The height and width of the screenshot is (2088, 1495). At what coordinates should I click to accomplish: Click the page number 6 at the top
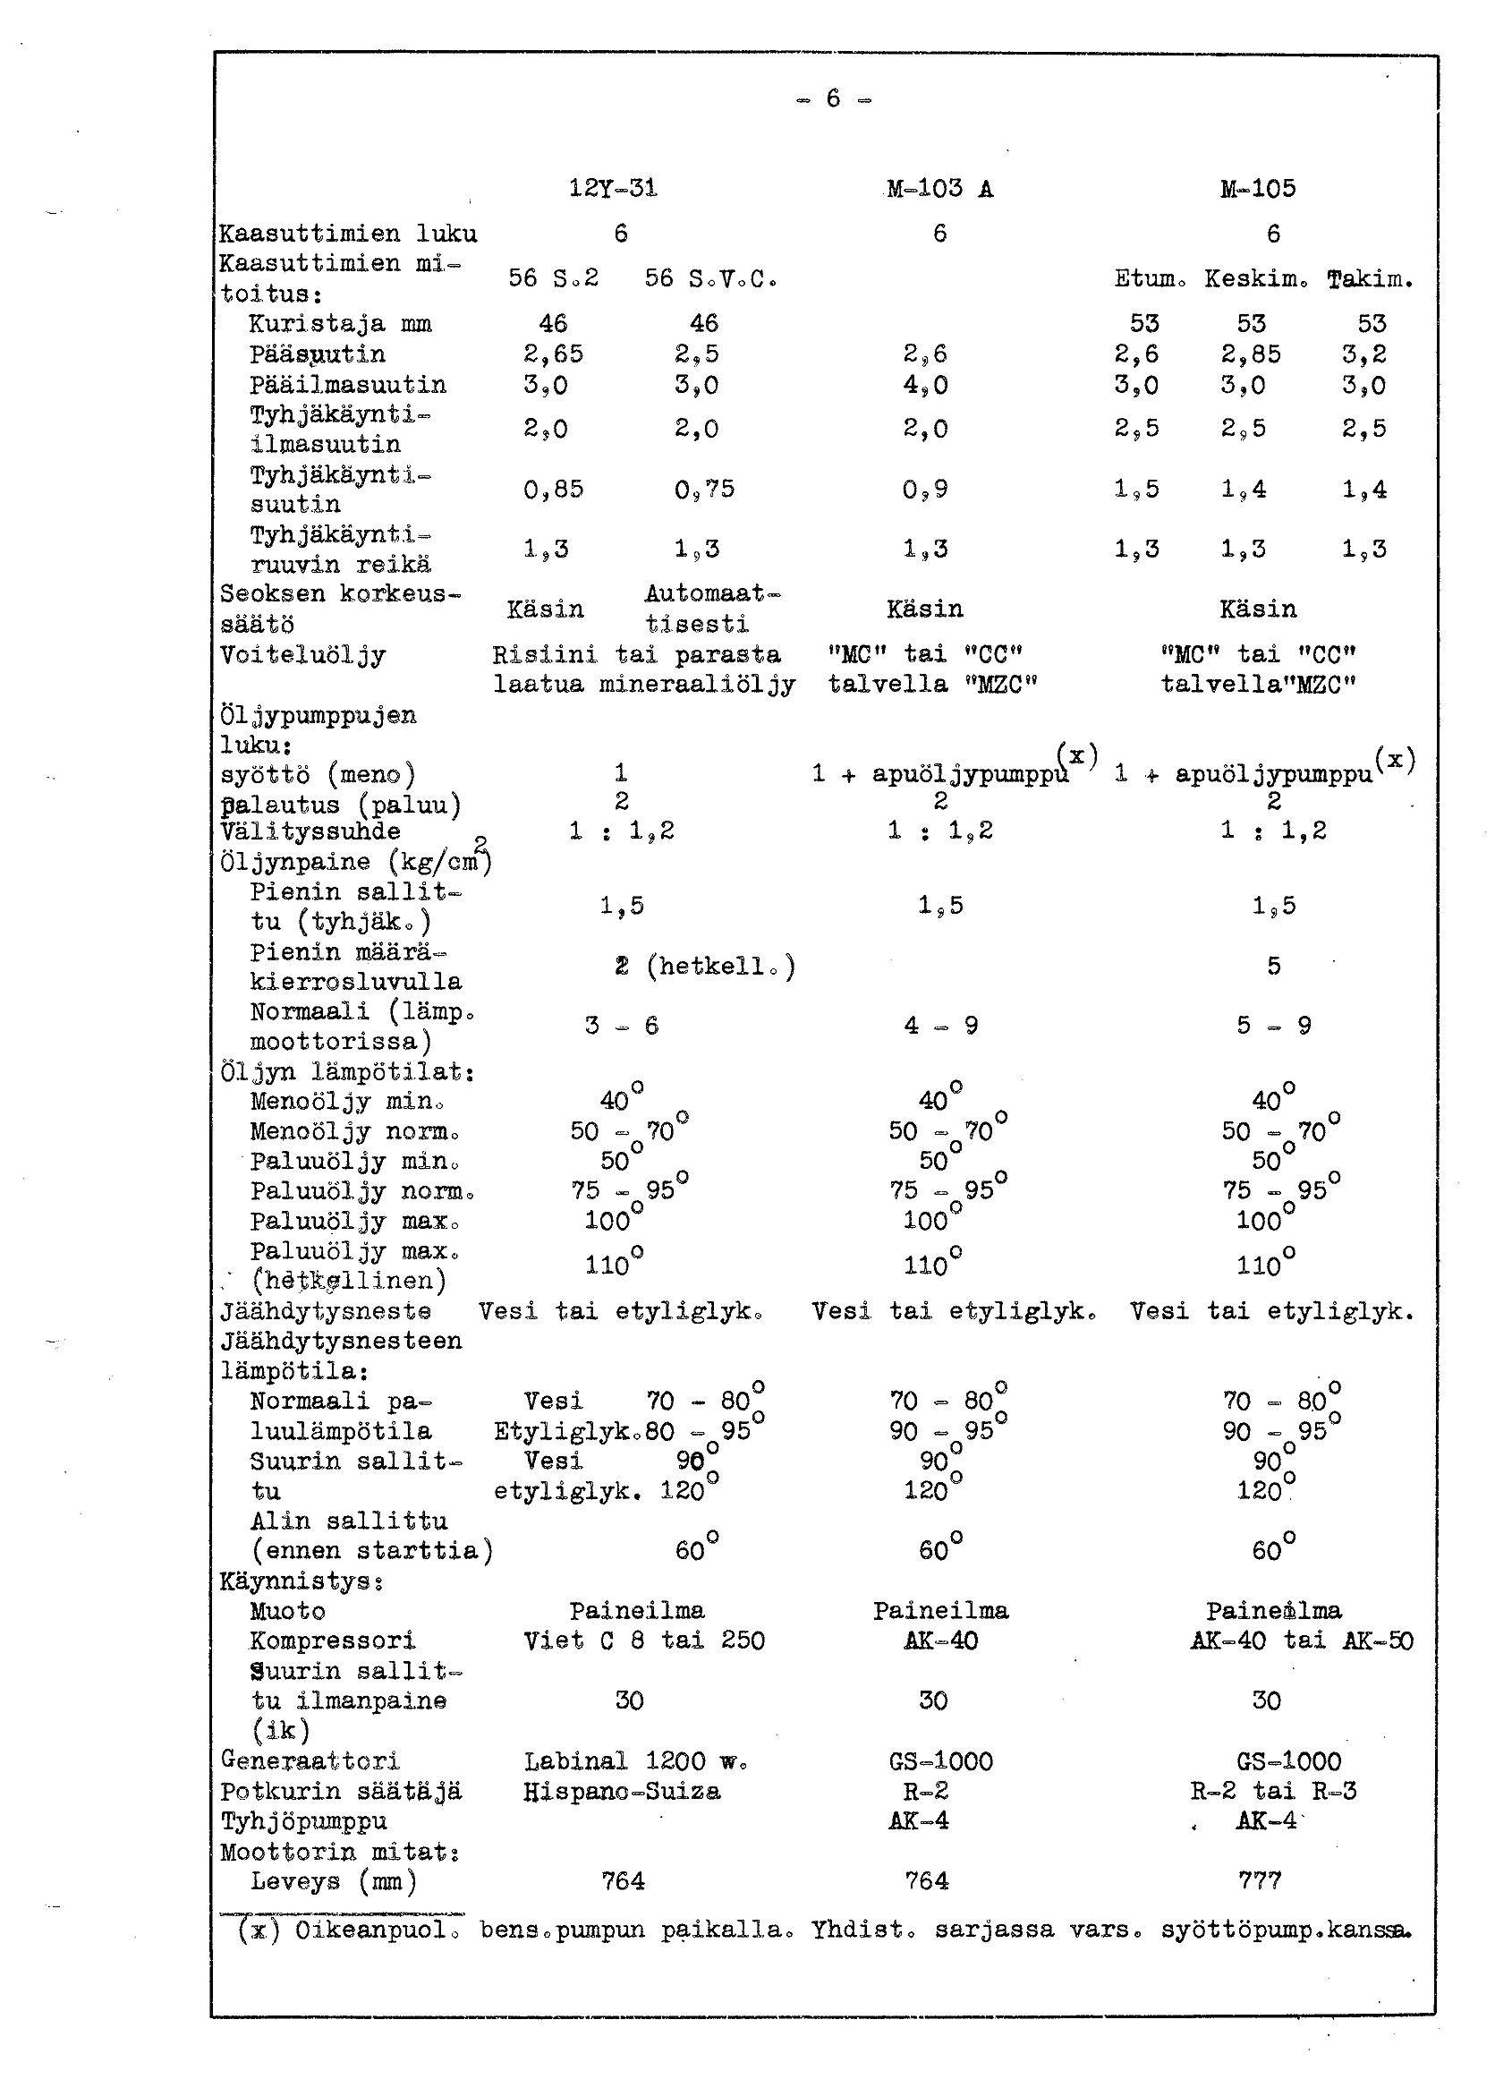point(833,98)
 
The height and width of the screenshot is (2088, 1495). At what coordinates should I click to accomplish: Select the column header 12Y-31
point(613,189)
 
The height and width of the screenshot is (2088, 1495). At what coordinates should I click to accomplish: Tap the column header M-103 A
point(939,189)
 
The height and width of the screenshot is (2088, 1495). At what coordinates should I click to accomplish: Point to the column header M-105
point(1258,189)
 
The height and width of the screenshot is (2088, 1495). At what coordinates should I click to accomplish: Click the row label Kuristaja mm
point(340,324)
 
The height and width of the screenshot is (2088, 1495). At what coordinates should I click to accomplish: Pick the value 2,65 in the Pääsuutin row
point(553,354)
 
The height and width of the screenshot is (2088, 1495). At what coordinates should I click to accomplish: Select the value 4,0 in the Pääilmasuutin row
point(925,385)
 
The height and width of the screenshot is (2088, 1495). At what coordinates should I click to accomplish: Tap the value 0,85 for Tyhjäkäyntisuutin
point(553,489)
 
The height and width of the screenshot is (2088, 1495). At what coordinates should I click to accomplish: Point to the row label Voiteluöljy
point(303,655)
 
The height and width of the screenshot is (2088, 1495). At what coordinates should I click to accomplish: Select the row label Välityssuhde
point(310,831)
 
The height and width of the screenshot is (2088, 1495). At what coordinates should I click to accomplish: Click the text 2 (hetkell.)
point(704,967)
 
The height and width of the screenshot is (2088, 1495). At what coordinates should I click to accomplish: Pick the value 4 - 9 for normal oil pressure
point(940,1026)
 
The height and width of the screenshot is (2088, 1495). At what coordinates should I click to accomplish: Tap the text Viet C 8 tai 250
point(643,1641)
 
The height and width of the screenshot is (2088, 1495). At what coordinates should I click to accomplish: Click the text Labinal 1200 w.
point(635,1761)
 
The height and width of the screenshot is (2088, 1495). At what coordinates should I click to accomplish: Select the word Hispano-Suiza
point(622,1791)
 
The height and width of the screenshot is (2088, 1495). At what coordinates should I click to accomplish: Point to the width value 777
point(1260,1881)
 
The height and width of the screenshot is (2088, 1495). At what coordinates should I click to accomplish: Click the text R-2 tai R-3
point(1273,1791)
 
